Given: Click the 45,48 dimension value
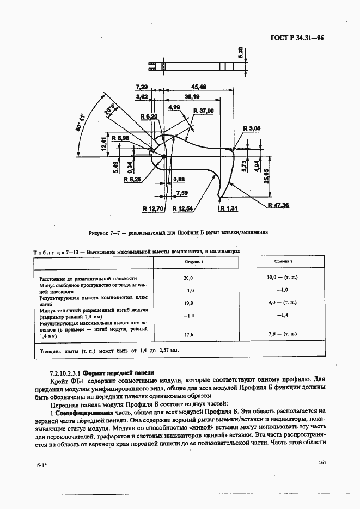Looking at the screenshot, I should [x=198, y=87].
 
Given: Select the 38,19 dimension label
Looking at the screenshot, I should [x=192, y=96].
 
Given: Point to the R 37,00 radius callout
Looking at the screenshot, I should [x=204, y=111].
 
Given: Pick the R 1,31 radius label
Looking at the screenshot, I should [x=229, y=208].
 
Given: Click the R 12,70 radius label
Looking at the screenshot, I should [x=152, y=208].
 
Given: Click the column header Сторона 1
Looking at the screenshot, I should [x=194, y=262].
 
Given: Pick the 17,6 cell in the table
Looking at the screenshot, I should [x=189, y=335].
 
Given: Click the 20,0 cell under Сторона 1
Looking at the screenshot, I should [x=189, y=278].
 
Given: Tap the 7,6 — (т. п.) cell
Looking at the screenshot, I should [x=283, y=335].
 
